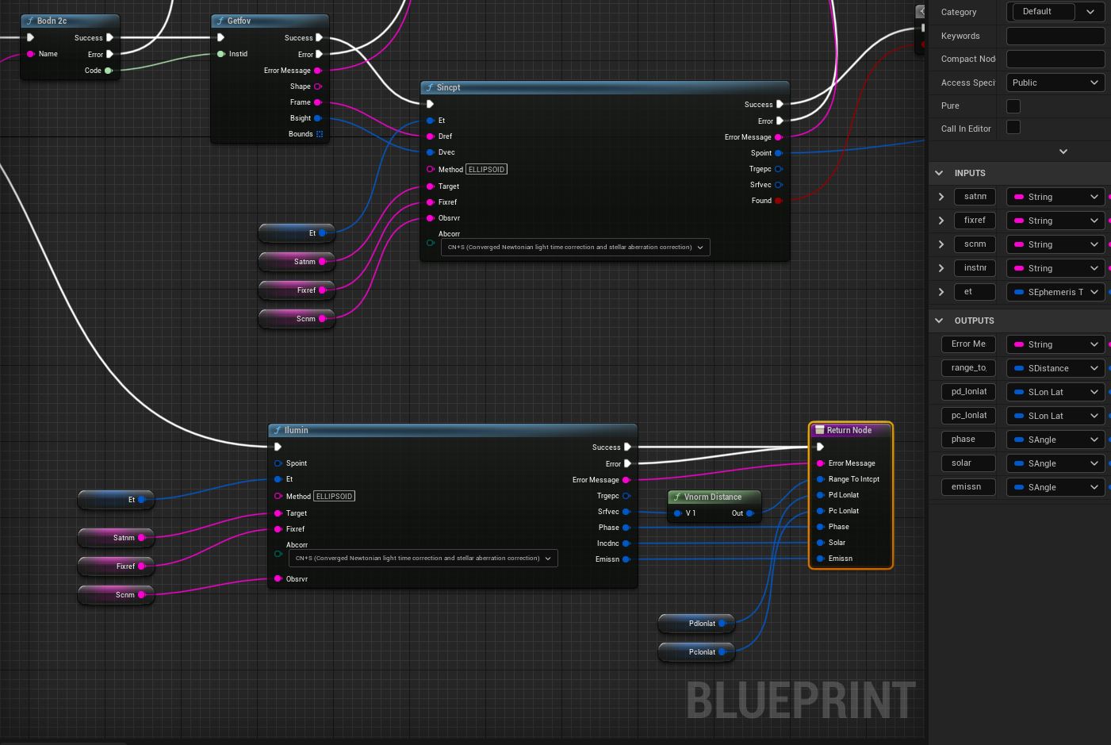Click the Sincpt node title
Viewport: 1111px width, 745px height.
449,88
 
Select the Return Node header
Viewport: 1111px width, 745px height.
849,430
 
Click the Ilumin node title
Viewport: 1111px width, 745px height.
297,430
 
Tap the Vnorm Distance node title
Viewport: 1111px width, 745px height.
713,497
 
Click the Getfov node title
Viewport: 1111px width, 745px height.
239,21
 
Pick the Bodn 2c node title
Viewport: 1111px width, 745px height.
52,21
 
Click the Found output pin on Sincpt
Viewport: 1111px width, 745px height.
779,201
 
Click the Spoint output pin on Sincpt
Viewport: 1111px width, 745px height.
779,153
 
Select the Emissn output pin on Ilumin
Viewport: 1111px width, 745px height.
626,559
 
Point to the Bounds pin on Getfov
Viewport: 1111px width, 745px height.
320,134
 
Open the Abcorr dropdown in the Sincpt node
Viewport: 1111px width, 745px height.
575,248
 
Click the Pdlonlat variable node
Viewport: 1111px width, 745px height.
696,624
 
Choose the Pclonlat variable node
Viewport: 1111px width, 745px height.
696,652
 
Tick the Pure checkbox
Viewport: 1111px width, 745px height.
1013,106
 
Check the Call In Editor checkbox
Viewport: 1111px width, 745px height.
1013,128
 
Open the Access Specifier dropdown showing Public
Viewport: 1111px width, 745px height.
1055,83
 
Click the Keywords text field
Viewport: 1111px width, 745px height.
1055,36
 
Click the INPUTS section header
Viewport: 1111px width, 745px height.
970,173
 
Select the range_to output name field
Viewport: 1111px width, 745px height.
968,368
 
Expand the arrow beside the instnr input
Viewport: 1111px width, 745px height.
941,268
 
